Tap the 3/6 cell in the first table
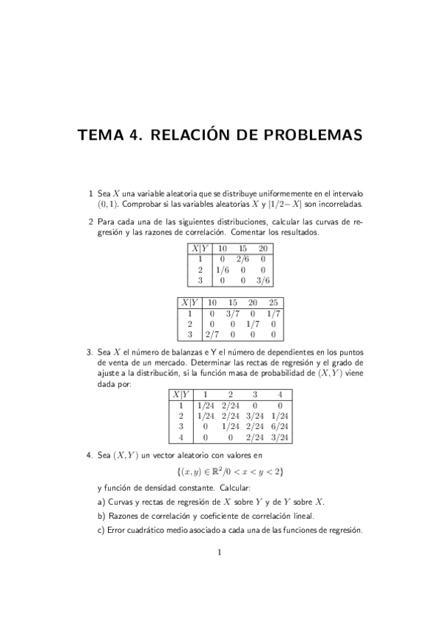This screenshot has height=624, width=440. tap(263, 280)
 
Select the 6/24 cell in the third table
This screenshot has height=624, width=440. tap(280, 426)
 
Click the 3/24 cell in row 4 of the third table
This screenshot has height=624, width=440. tap(280, 437)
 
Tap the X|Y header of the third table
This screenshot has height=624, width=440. tap(181, 394)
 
